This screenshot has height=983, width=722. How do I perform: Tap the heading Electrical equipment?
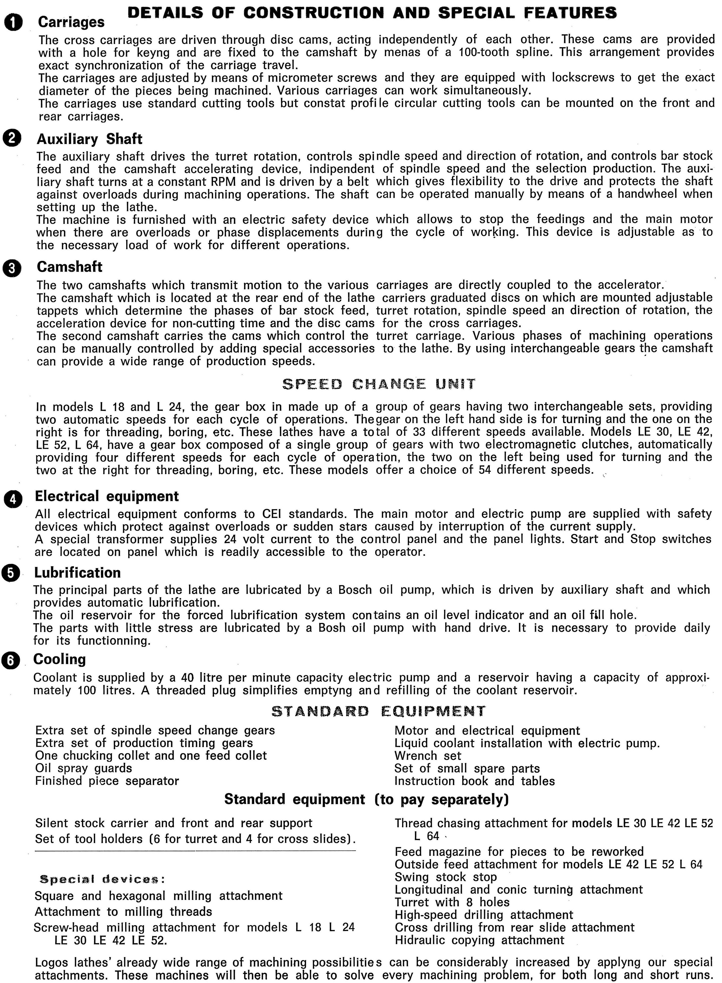click(x=107, y=496)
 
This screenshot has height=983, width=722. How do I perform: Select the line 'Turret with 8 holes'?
click(x=452, y=902)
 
